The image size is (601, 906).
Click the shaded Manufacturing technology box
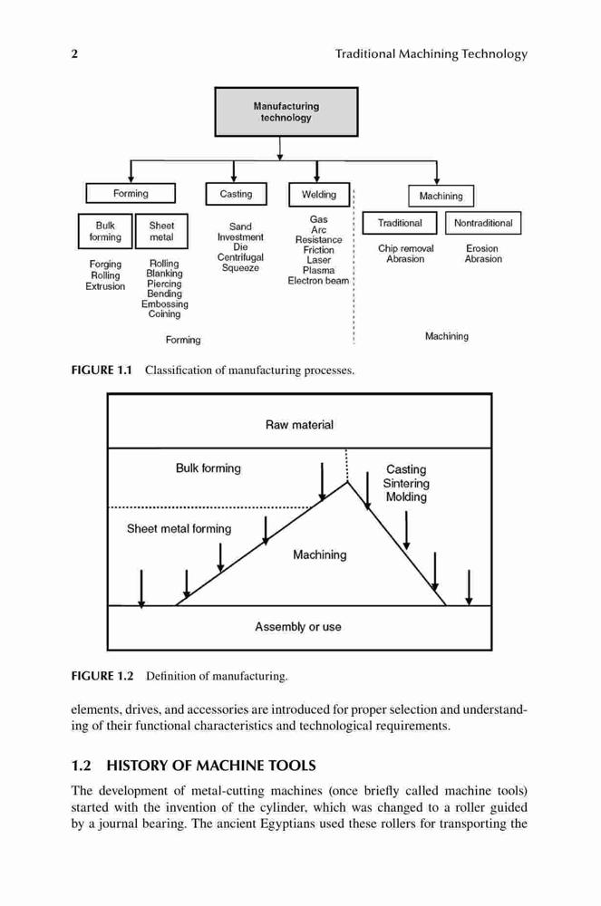click(x=286, y=112)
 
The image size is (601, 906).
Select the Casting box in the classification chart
click(x=236, y=194)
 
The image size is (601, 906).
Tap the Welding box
click(x=319, y=195)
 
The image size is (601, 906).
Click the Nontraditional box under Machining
click(x=483, y=223)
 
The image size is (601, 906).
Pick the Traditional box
click(x=400, y=223)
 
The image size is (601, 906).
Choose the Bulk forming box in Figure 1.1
click(x=105, y=231)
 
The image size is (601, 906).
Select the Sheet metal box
click(x=161, y=231)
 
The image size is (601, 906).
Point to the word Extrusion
click(x=105, y=286)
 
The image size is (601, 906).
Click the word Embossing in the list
click(x=165, y=304)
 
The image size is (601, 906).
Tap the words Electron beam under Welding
click(x=318, y=281)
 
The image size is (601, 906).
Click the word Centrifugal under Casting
click(x=240, y=257)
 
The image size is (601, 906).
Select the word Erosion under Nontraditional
click(x=482, y=248)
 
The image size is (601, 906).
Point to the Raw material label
click(x=299, y=425)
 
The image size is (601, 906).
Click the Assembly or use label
click(x=298, y=627)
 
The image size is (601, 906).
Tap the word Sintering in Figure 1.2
click(x=406, y=484)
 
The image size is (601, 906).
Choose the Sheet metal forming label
click(x=179, y=529)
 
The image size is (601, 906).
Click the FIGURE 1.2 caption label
click(x=102, y=676)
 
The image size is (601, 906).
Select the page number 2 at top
click(x=74, y=54)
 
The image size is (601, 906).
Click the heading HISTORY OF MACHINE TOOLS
click(x=211, y=766)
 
